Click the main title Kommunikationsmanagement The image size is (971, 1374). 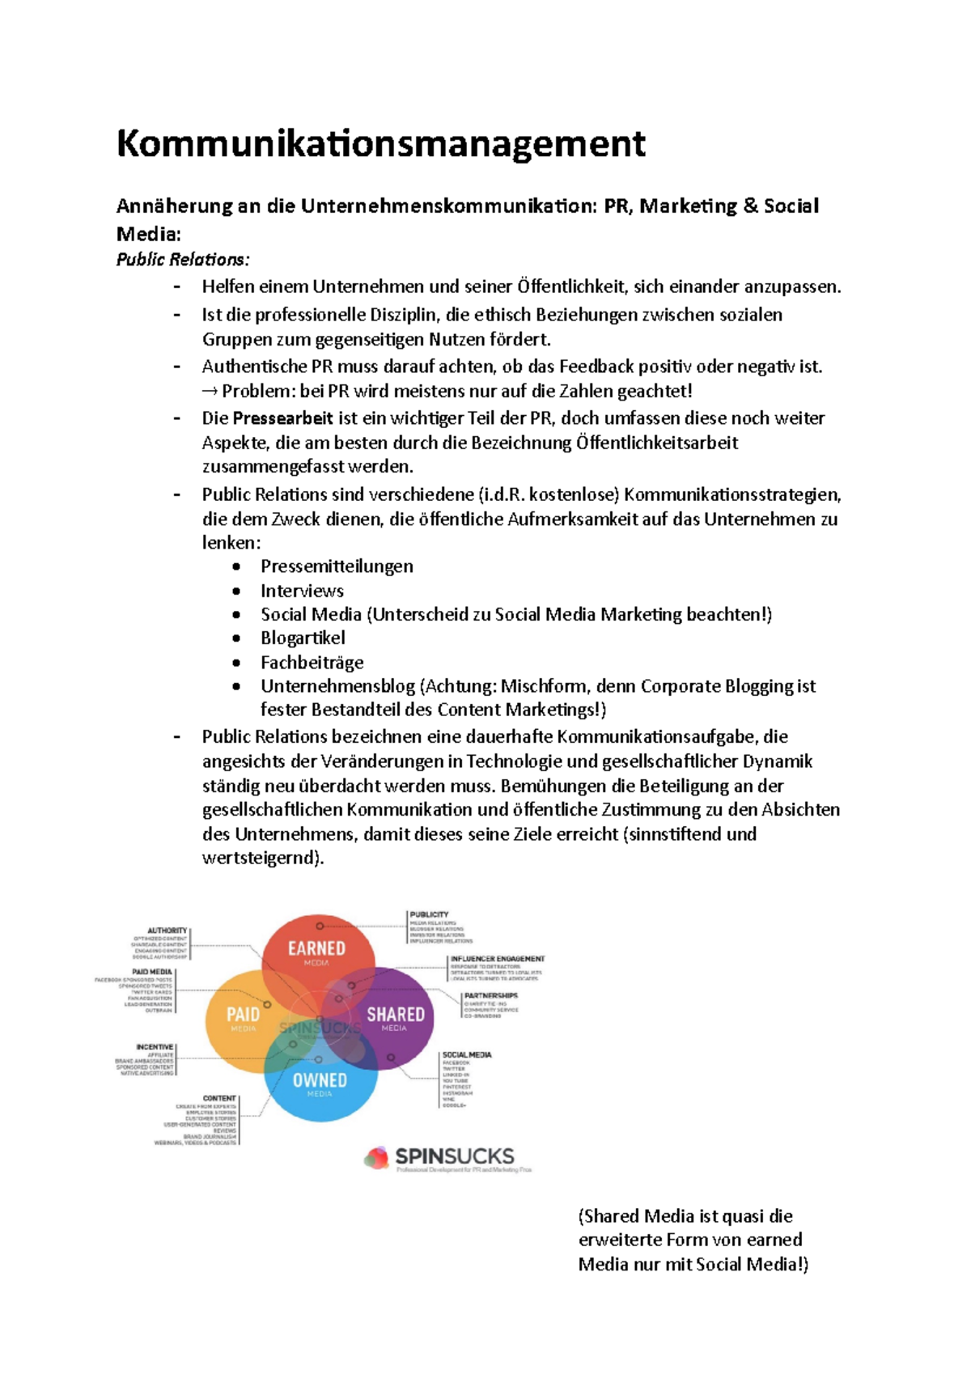click(x=380, y=144)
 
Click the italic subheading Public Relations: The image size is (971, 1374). click(x=183, y=260)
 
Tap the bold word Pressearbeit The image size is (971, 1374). click(x=282, y=418)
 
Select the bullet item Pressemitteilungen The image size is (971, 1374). click(x=337, y=566)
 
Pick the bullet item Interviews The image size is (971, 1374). click(x=302, y=591)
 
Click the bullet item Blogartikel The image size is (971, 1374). click(x=303, y=638)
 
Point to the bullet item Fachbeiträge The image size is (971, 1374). click(x=312, y=663)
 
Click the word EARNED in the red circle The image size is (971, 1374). click(x=316, y=948)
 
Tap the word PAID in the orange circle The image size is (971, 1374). click(x=243, y=1015)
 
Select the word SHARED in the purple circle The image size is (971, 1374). click(x=395, y=1015)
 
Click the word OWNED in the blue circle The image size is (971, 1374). click(x=320, y=1080)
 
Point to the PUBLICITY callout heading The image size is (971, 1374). click(x=429, y=914)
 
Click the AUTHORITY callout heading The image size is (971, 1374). click(x=167, y=931)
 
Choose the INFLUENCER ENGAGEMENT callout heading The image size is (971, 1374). click(x=498, y=959)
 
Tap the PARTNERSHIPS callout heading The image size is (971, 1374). click(x=490, y=996)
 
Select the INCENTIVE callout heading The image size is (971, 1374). click(x=155, y=1047)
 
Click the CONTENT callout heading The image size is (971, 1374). click(x=219, y=1099)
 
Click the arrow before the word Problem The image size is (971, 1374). click(x=210, y=392)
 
